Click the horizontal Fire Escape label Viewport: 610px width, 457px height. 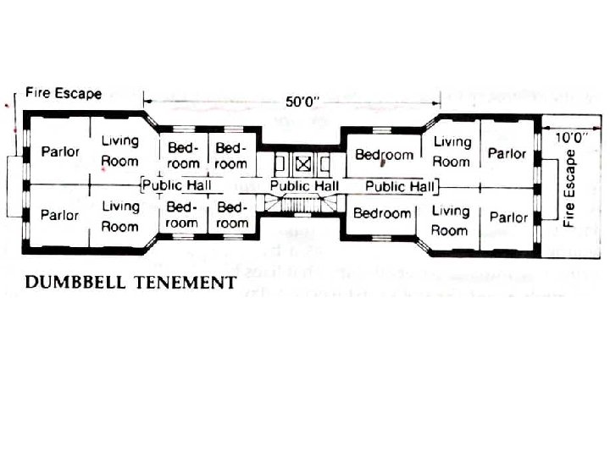[64, 93]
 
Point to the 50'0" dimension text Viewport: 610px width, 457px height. [302, 102]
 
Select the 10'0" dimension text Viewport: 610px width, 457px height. [573, 135]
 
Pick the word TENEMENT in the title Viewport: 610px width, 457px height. [183, 283]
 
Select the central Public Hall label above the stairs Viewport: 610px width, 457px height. [304, 185]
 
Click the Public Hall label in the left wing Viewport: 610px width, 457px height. [176, 184]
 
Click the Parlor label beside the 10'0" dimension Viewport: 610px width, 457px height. [507, 154]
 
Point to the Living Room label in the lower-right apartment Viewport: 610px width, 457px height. [451, 220]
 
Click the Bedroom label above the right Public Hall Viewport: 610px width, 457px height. [384, 155]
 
